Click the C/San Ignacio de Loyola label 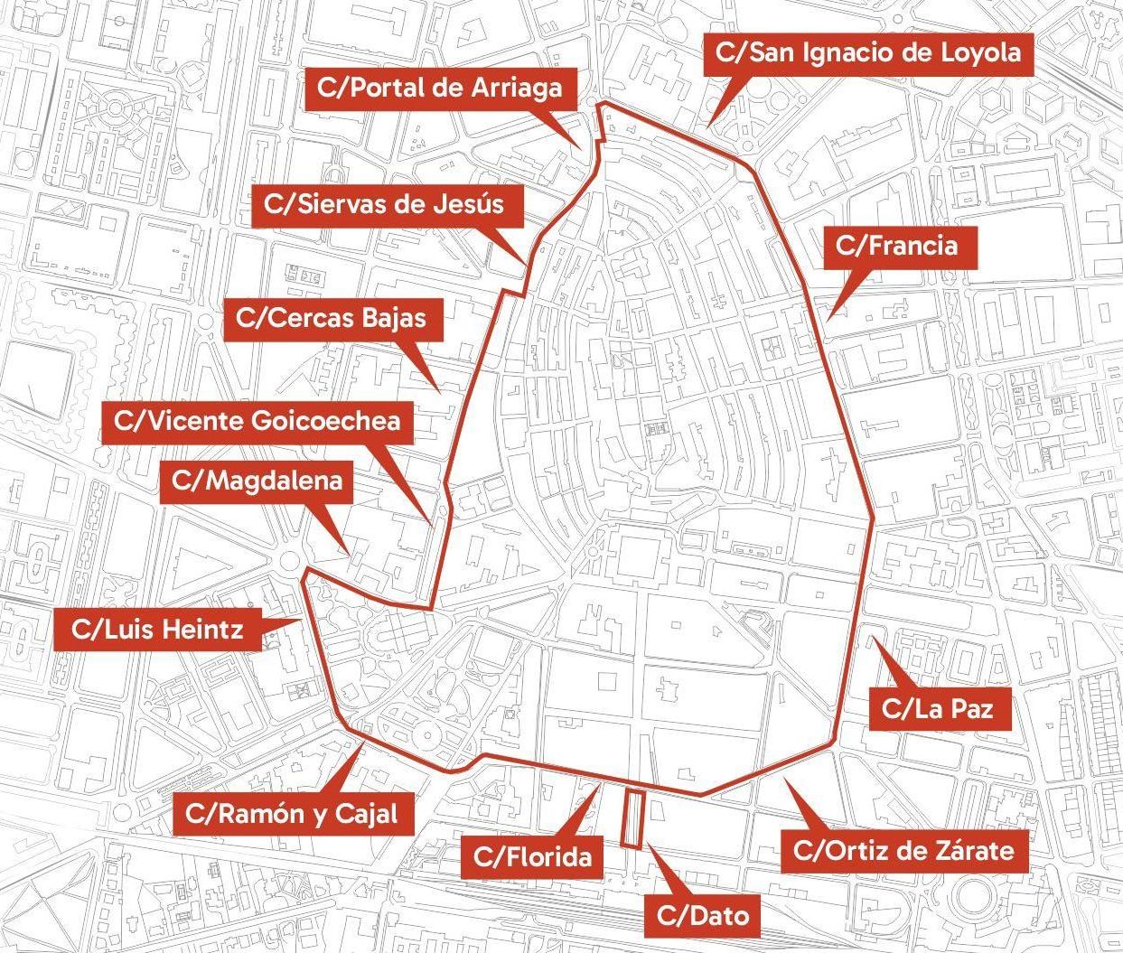click(868, 53)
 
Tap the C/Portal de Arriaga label click(440, 88)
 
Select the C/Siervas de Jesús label click(384, 203)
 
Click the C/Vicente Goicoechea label click(257, 422)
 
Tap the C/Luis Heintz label click(157, 629)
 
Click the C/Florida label click(532, 856)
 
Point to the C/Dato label click(703, 916)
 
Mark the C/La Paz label click(938, 709)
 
